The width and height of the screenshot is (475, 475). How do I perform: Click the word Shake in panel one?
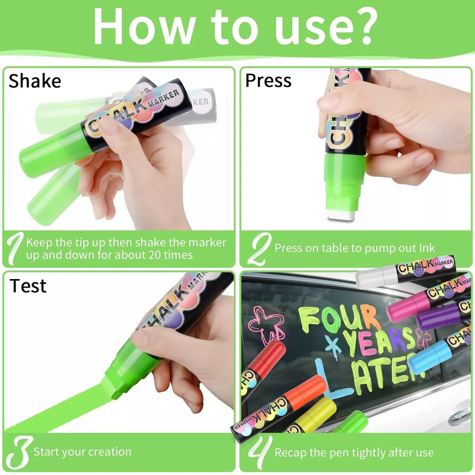point(35,81)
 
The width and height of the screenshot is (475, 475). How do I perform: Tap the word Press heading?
point(268,80)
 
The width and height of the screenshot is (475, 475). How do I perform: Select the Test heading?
point(28,286)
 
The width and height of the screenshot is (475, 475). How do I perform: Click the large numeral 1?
point(15,249)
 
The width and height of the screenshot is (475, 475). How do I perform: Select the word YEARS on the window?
point(378,341)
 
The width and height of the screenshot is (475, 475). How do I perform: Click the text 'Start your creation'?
point(82,452)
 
